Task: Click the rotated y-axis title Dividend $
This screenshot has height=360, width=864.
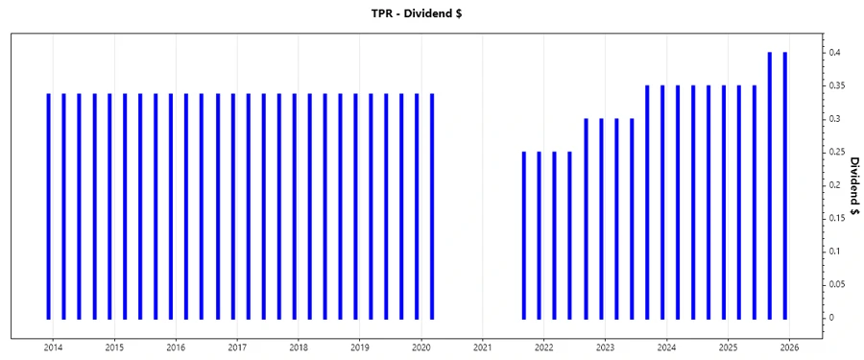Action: (x=853, y=184)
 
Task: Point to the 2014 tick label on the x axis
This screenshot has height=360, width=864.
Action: (x=53, y=348)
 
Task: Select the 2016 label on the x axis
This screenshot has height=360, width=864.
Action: (x=176, y=348)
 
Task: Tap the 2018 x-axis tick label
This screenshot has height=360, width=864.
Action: (x=299, y=348)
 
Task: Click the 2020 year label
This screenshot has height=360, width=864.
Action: (x=421, y=348)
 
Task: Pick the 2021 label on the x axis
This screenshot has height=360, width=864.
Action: (x=483, y=348)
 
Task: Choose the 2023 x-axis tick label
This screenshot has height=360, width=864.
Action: (x=605, y=348)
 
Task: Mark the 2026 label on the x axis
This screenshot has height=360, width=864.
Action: (x=789, y=348)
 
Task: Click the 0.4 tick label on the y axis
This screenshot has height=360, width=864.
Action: (x=836, y=53)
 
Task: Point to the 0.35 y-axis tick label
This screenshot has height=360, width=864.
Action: (x=838, y=86)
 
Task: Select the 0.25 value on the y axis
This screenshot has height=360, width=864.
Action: (x=838, y=153)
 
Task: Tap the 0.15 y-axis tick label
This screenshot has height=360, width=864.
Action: (x=838, y=218)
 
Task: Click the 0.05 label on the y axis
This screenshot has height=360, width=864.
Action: (x=838, y=284)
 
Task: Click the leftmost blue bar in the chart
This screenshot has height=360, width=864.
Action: (x=49, y=206)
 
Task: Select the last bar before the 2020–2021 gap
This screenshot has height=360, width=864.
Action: (x=432, y=206)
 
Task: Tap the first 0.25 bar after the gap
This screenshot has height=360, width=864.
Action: (x=524, y=235)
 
